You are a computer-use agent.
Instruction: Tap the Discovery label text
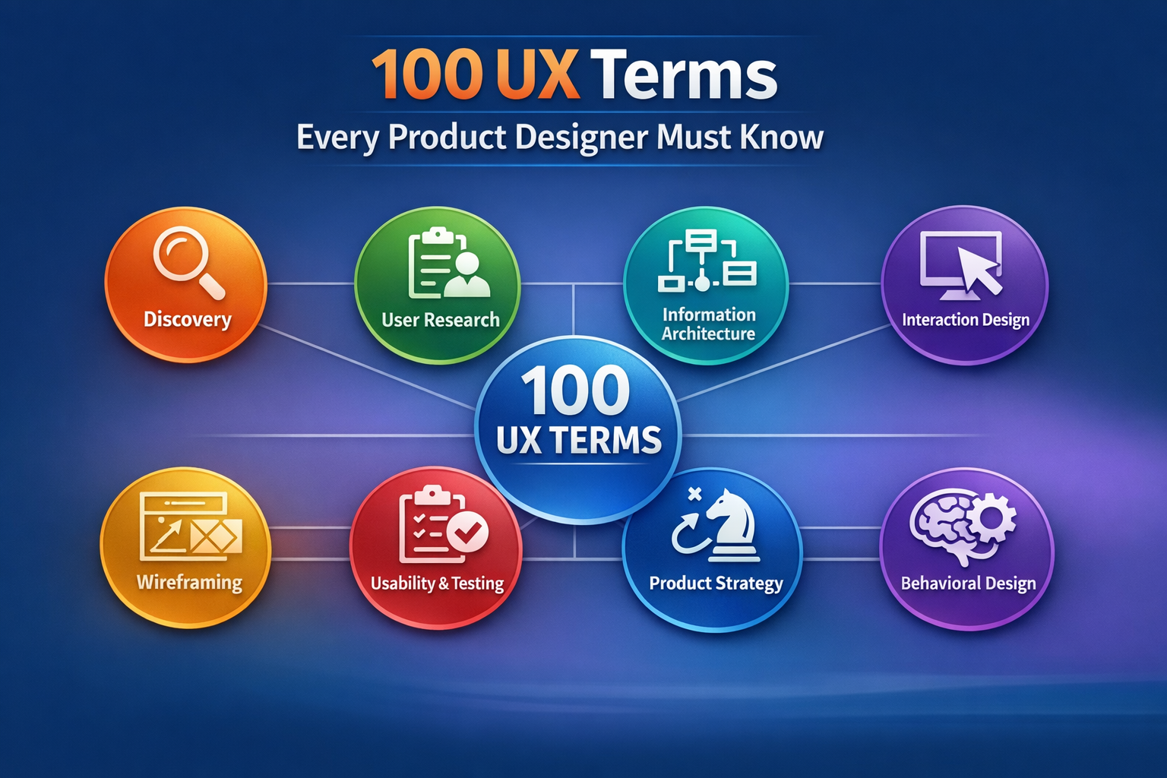187,319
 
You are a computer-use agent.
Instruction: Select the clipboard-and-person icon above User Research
448,264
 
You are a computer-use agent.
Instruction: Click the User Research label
441,320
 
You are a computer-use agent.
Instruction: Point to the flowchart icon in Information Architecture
707,261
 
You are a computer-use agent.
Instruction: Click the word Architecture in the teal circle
708,334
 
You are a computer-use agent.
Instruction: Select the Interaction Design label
966,320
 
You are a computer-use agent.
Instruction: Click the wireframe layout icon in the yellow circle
191,526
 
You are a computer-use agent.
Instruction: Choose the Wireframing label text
189,583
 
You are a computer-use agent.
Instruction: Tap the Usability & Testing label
437,583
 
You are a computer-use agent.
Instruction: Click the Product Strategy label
716,583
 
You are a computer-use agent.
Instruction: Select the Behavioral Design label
968,583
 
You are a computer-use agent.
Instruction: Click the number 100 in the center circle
575,392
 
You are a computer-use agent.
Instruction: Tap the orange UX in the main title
538,76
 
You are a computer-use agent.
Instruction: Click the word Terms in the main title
684,76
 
